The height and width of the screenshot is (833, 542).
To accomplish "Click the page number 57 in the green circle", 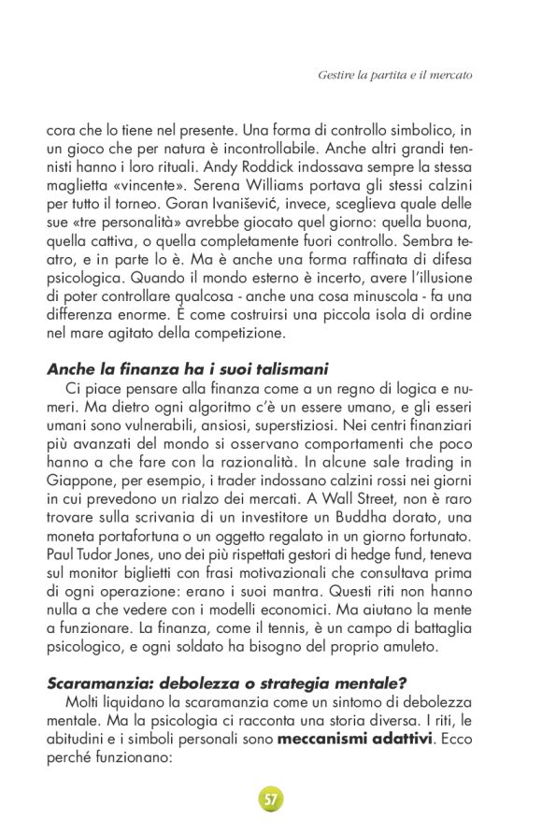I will [271, 798].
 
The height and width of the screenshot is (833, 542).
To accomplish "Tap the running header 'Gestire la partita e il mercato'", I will [395, 73].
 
